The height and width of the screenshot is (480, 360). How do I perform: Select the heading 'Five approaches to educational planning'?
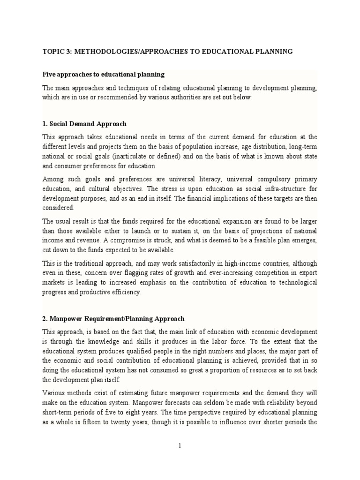coord(104,75)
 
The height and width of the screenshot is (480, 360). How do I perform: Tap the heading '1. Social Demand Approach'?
coord(85,124)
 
